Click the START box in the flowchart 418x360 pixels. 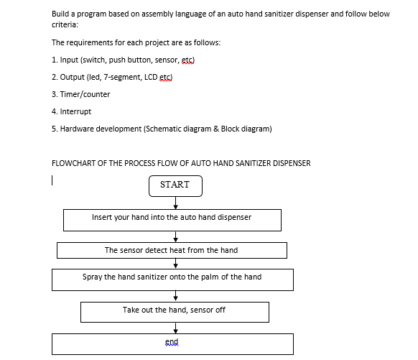(x=175, y=185)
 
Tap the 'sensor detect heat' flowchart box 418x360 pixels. (x=172, y=250)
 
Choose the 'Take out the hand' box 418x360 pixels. (x=175, y=311)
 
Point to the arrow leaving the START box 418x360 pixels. (x=175, y=203)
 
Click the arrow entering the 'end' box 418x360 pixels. (x=175, y=328)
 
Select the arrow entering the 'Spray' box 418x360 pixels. (x=175, y=264)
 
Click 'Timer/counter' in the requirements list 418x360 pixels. (x=85, y=94)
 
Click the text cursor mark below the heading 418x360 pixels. (x=53, y=180)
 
